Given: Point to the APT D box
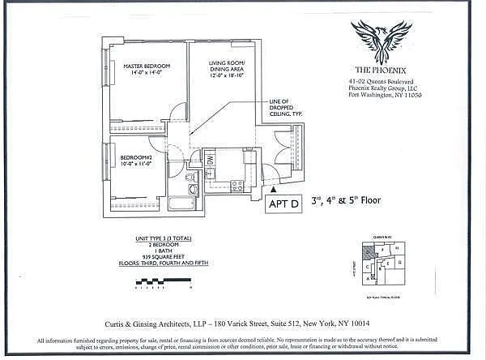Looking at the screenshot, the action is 284,205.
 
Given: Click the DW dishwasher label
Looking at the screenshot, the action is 210,160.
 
